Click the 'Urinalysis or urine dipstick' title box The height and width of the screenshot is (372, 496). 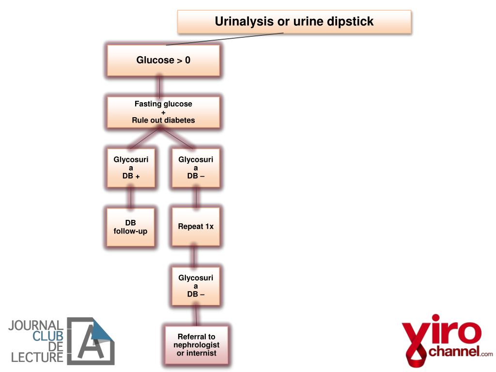tap(294, 22)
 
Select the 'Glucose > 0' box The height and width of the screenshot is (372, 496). tap(163, 61)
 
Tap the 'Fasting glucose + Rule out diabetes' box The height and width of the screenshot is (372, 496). tap(163, 112)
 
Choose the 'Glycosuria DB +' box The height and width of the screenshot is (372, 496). tap(131, 168)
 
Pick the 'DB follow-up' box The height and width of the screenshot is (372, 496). tap(130, 227)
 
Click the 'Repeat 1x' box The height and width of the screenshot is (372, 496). tap(196, 227)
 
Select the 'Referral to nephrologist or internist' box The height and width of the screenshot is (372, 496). tap(196, 345)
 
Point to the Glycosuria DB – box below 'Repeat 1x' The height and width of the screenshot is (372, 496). tap(196, 286)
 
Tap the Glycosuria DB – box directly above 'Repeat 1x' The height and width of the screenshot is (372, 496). tap(196, 168)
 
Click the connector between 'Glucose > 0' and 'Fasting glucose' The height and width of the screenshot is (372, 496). tap(160, 86)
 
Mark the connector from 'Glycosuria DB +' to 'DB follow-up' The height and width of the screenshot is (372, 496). tap(131, 198)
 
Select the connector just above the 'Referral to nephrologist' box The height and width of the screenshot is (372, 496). tap(196, 315)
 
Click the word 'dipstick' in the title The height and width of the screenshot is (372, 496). tap(350, 22)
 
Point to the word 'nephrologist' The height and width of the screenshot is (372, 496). tap(196, 345)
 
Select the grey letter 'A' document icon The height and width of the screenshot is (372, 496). tap(91, 341)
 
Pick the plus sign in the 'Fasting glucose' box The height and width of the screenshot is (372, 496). tap(163, 112)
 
